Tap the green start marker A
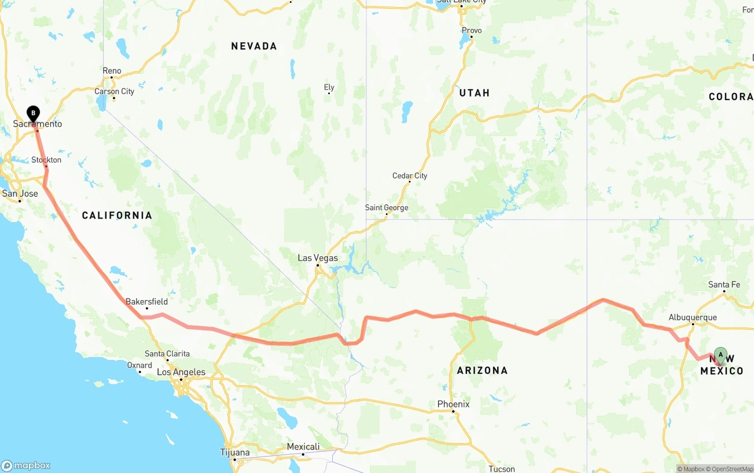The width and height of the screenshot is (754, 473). click(x=720, y=355)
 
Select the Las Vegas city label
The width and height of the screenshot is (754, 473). click(x=318, y=258)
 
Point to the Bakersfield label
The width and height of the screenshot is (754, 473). click(x=147, y=302)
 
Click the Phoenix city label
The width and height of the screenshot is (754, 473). click(x=453, y=404)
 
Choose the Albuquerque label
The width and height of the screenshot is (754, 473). click(x=693, y=317)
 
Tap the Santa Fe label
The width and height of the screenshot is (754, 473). click(x=724, y=285)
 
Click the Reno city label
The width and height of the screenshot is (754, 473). click(x=112, y=71)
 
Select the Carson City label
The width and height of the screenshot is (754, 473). click(x=114, y=91)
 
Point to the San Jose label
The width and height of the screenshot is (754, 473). click(x=20, y=193)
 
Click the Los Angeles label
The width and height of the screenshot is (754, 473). click(x=181, y=372)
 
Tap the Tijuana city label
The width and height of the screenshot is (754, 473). click(x=234, y=452)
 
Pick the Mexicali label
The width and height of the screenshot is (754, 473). click(x=303, y=446)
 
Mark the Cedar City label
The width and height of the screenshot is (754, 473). click(x=409, y=176)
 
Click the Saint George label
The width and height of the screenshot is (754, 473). click(x=386, y=207)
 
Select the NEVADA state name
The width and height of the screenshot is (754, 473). click(x=254, y=46)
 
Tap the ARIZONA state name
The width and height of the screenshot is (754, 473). click(x=482, y=370)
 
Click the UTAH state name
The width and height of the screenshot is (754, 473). click(x=474, y=92)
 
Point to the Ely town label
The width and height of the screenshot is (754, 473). click(x=329, y=87)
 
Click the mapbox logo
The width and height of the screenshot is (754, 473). click(x=26, y=465)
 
